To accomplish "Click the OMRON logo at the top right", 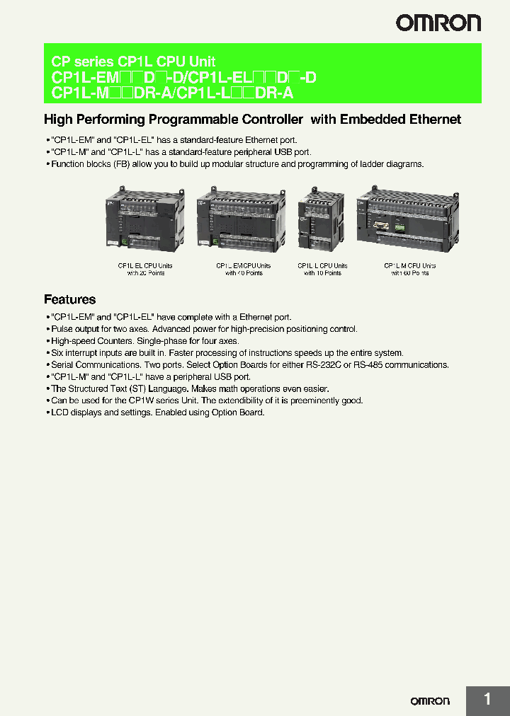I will coord(438,23).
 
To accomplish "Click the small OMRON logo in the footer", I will coord(430,700).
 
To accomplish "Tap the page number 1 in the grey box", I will coord(487,700).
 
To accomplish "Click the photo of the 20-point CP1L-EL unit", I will coord(145,219).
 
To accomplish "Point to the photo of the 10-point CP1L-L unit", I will coord(322,219).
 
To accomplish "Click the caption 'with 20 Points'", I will coord(145,273).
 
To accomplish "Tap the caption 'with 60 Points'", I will coord(409,273).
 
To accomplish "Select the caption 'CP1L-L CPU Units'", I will coord(322,266).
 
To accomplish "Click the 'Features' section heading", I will coord(69,299).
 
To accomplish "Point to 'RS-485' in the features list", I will coord(414,365).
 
